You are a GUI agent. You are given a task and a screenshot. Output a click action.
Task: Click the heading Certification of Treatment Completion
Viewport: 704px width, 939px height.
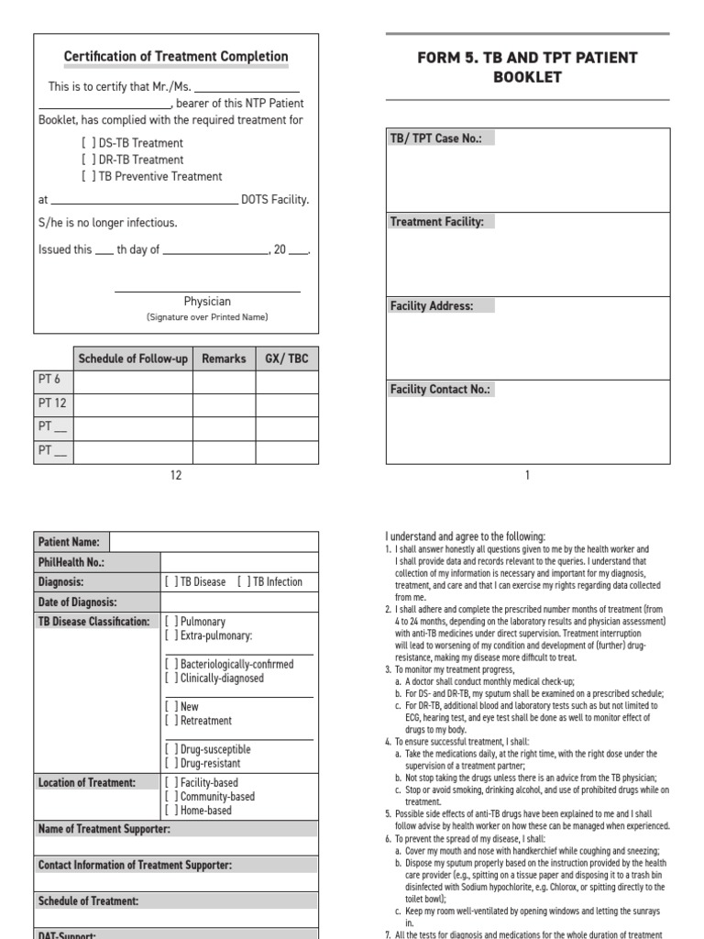click(176, 57)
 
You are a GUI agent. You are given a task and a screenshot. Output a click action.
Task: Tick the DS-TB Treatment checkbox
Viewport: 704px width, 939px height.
click(87, 143)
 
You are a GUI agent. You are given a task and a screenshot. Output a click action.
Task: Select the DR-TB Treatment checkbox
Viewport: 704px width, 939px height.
click(87, 160)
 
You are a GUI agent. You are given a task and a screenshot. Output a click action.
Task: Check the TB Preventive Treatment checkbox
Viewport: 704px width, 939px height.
click(87, 176)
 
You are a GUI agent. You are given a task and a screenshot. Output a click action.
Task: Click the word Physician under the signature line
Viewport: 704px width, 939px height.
click(207, 301)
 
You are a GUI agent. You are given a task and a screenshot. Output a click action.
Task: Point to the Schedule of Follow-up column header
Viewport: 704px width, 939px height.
click(133, 359)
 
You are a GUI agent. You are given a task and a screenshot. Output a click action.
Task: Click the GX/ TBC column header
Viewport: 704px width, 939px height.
click(287, 359)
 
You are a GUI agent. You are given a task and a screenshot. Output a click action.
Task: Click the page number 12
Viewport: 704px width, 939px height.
click(176, 475)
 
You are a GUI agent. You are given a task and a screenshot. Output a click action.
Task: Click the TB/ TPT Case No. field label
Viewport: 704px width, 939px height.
click(442, 138)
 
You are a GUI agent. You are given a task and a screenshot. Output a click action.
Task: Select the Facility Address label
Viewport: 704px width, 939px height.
click(432, 306)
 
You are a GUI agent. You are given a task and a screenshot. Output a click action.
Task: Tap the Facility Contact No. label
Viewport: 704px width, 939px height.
click(440, 390)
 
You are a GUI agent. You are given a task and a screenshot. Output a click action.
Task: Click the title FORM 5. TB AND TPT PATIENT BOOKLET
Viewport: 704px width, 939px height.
click(527, 67)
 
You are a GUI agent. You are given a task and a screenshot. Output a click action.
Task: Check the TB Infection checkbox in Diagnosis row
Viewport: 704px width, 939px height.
click(243, 581)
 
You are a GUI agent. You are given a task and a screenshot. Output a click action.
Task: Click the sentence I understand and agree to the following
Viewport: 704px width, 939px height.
click(464, 536)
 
